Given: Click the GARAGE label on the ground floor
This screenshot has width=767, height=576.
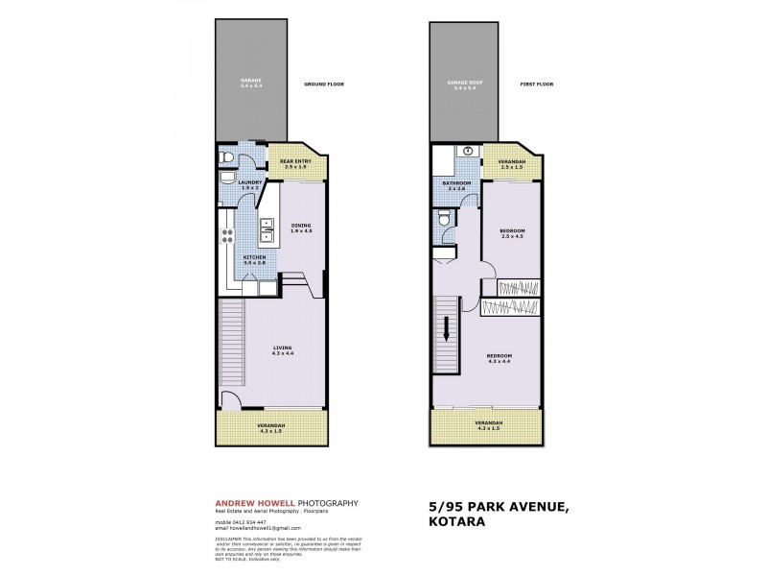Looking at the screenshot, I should (251, 83).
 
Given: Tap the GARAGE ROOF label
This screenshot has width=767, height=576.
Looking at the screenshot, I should (465, 84).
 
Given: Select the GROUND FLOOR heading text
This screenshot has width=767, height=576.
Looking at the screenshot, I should (323, 84).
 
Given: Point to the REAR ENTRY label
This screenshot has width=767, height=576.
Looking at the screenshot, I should (294, 162).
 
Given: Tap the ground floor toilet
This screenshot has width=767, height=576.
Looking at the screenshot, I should (223, 159).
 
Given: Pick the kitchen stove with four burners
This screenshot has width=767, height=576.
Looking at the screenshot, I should (230, 236).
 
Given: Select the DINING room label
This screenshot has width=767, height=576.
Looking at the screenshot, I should (302, 228).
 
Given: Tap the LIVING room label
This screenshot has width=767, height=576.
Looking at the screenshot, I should (282, 349).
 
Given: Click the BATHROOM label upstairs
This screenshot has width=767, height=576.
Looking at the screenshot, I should (456, 184).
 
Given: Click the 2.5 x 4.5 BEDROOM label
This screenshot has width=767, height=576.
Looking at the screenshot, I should (511, 233).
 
